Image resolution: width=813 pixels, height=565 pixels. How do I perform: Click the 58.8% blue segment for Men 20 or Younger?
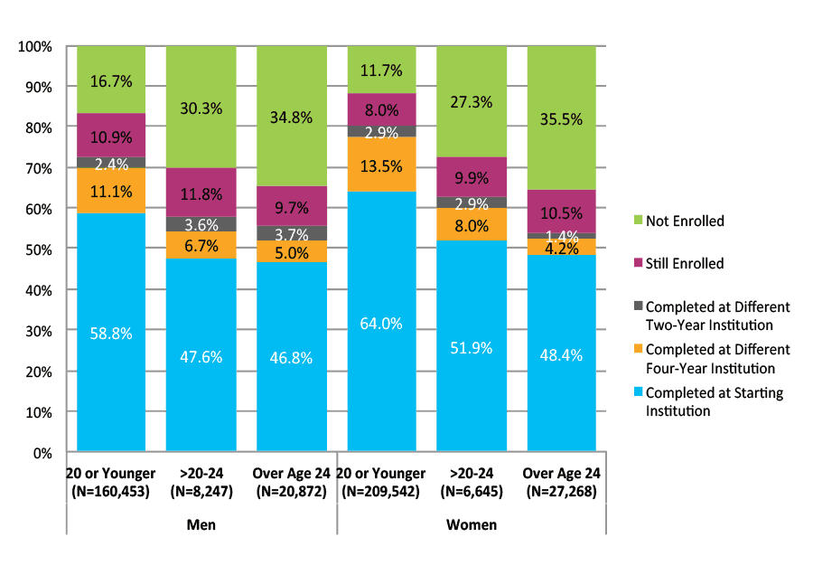tap(111, 332)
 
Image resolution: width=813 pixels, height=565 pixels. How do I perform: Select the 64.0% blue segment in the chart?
tap(381, 322)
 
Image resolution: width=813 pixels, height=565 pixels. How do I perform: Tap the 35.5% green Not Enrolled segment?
tap(561, 118)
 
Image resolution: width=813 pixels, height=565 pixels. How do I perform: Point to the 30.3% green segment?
tap(201, 107)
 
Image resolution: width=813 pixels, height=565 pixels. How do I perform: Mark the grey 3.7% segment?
tap(291, 233)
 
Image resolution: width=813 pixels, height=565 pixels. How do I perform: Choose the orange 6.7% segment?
tap(201, 245)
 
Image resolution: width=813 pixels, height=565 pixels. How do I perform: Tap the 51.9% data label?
tap(472, 347)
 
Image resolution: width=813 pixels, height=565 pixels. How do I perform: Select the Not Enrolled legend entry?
tap(683, 221)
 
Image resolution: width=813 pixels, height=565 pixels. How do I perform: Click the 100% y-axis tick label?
tap(37, 46)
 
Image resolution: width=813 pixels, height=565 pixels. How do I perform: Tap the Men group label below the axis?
tap(201, 525)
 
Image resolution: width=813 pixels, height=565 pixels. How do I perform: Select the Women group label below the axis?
tap(471, 525)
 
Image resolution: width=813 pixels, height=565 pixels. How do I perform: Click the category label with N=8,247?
tap(201, 483)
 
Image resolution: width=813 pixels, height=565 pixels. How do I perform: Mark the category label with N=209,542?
tap(381, 483)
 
